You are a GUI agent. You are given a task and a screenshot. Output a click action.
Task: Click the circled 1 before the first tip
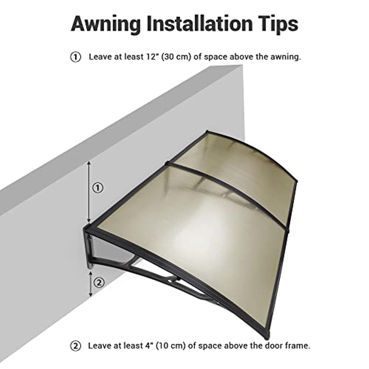point(76,57)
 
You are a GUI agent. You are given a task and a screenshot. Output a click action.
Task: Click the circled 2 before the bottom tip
point(76,346)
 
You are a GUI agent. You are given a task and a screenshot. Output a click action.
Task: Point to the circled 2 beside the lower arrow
point(99,283)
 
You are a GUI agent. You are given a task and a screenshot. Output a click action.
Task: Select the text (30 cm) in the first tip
point(176,57)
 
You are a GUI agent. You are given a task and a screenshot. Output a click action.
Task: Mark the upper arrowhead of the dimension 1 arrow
point(89,163)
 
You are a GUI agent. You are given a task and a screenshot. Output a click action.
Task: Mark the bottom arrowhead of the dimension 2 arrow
point(90,294)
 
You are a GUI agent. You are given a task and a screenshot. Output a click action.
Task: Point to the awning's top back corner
point(207,131)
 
